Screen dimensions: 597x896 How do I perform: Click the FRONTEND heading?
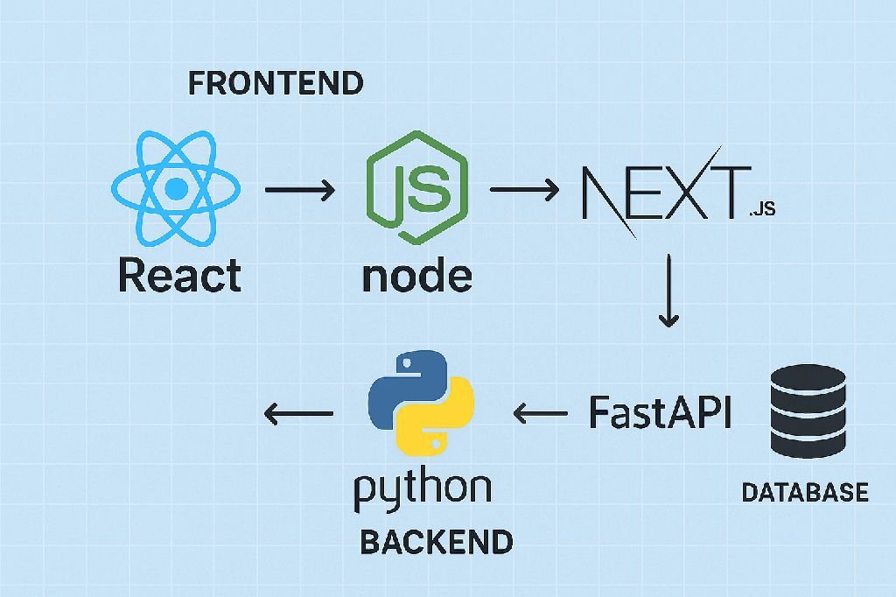[x=276, y=83]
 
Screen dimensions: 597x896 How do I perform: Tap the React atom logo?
[x=177, y=187]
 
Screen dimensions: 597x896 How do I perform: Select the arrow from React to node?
[x=299, y=189]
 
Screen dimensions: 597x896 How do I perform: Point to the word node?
[x=416, y=276]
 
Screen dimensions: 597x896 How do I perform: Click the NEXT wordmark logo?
[x=665, y=191]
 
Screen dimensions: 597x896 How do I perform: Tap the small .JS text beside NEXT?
[x=761, y=210]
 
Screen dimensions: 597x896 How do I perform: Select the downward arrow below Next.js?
[x=668, y=291]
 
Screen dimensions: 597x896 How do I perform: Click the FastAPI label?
[x=660, y=411]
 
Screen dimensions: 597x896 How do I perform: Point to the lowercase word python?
[x=423, y=490]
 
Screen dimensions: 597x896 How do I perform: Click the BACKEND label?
[x=437, y=542]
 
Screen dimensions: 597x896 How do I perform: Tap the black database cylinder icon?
[x=808, y=410]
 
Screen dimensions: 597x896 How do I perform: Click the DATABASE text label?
[x=805, y=492]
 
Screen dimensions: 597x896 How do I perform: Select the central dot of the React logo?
[x=177, y=187]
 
